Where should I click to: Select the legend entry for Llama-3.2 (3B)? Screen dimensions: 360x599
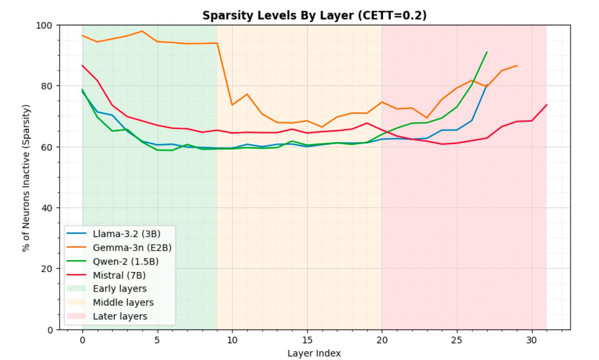click(126, 234)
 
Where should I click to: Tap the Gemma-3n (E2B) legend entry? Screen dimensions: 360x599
click(132, 248)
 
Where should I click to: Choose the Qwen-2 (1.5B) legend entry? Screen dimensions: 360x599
click(125, 262)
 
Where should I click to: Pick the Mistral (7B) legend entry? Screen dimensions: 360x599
click(119, 275)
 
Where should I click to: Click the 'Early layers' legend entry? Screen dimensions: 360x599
click(119, 289)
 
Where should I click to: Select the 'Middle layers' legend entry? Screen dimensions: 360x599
click(123, 303)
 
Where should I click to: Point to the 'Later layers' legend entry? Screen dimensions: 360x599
click(120, 316)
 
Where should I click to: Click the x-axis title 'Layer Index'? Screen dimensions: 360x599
click(314, 354)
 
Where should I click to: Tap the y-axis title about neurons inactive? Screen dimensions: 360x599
click(26, 178)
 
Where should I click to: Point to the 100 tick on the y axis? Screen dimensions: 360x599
click(44, 25)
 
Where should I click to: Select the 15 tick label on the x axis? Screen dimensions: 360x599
click(307, 340)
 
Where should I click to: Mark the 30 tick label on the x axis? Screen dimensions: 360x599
click(532, 340)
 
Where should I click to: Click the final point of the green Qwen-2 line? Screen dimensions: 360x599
click(487, 52)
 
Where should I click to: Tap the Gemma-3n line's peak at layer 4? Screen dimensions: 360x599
click(142, 31)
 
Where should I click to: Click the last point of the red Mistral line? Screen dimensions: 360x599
click(547, 105)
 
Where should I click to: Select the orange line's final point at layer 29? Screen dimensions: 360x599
click(517, 65)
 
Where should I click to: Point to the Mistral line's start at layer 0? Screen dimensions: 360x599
click(83, 65)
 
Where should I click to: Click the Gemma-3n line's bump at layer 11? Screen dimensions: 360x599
click(247, 94)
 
